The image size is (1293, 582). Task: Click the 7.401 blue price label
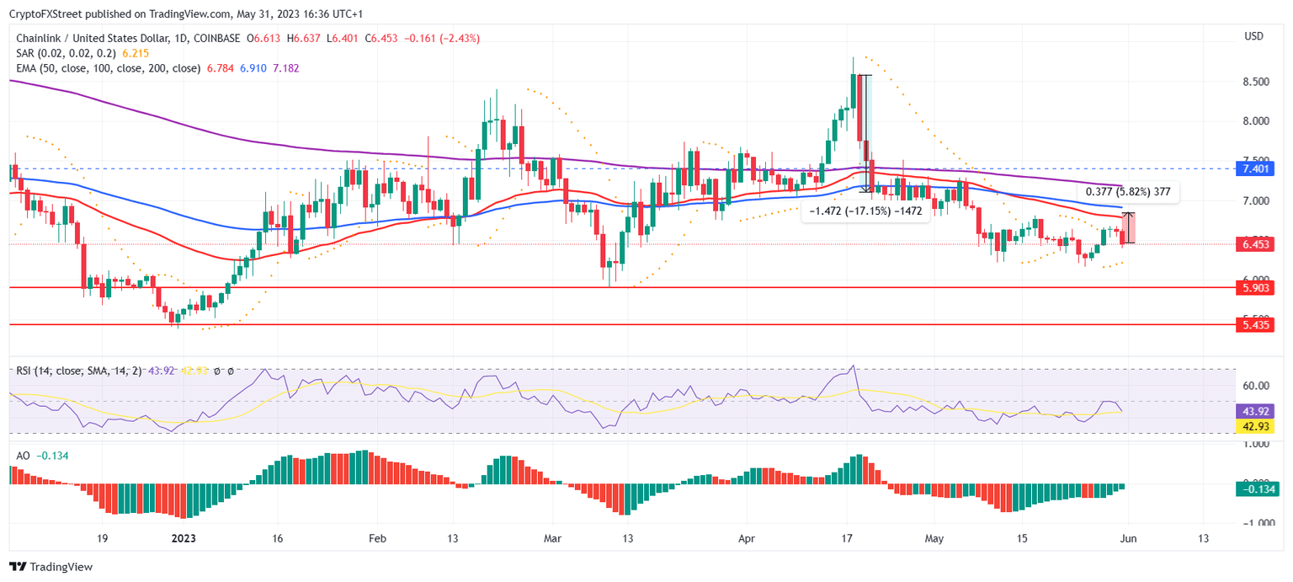pyautogui.click(x=1255, y=168)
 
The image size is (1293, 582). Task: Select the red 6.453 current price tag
pyautogui.click(x=1255, y=244)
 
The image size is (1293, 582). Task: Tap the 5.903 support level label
pyautogui.click(x=1255, y=288)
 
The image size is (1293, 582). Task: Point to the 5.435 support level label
pyautogui.click(x=1255, y=324)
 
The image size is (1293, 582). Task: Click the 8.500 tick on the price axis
pyautogui.click(x=1256, y=82)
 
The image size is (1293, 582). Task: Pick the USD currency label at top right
pyautogui.click(x=1253, y=36)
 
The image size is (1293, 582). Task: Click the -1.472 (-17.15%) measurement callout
pyautogui.click(x=865, y=211)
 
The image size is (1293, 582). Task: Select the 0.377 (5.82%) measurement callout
pyautogui.click(x=1127, y=192)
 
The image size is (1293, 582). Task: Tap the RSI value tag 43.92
pyautogui.click(x=1255, y=411)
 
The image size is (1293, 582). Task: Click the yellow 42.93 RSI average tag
pyautogui.click(x=1255, y=427)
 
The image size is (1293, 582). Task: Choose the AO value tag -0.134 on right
pyautogui.click(x=1255, y=489)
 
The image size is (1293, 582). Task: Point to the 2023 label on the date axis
pyautogui.click(x=184, y=537)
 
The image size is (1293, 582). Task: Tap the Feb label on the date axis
pyautogui.click(x=377, y=537)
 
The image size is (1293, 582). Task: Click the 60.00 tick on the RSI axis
pyautogui.click(x=1256, y=386)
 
